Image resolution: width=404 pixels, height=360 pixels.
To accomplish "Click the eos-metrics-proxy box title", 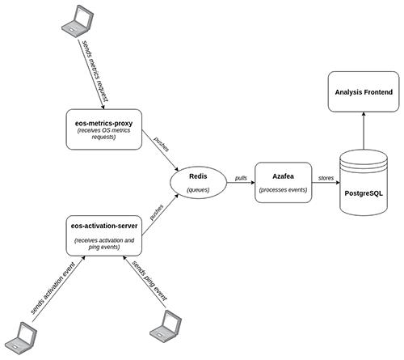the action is (104, 124).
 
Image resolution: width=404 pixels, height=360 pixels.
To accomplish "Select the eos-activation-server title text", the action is (104, 226).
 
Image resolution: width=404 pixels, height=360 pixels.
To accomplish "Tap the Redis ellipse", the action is (198, 183).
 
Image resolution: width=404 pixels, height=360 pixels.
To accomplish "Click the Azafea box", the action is (283, 182).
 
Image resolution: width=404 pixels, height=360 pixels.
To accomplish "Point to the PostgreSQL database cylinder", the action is (364, 183).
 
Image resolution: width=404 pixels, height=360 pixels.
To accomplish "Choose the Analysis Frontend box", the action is (364, 91).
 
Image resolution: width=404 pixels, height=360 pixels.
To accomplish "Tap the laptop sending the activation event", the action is (21, 338).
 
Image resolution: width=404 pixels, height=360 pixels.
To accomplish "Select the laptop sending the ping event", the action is (166, 326).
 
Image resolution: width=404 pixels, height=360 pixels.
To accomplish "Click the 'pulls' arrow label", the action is (241, 178).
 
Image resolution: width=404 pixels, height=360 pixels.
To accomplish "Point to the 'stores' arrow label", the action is (326, 178).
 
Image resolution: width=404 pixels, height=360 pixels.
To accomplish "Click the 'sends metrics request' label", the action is (95, 71).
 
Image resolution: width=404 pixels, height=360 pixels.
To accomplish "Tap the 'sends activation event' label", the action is (53, 287).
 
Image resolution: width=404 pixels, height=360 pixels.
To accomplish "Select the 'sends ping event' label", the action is (149, 281).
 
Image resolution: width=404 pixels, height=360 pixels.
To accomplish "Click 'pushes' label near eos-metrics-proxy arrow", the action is (161, 144).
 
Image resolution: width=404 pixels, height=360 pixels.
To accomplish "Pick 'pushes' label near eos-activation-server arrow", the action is (157, 212).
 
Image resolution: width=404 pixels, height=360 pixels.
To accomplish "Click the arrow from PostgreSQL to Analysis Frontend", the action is (364, 131).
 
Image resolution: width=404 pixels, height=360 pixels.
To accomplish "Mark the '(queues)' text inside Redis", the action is (198, 190).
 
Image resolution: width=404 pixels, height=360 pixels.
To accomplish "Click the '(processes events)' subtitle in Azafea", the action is (283, 190).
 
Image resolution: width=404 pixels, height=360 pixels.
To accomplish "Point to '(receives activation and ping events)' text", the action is (104, 244).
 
